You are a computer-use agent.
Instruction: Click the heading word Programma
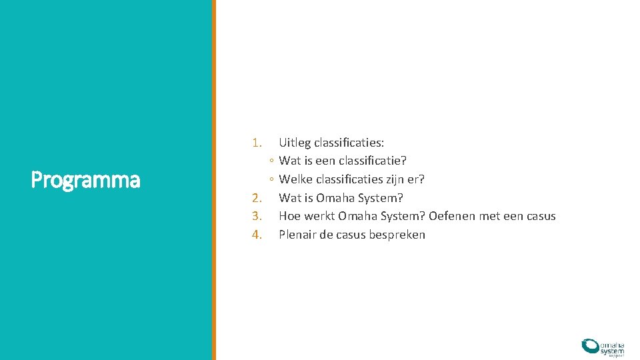click(85, 180)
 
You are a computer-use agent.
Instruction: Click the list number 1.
click(257, 143)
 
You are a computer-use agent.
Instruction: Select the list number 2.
click(257, 198)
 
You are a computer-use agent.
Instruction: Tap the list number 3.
click(257, 216)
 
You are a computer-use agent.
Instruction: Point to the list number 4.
click(257, 235)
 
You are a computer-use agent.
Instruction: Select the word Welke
click(295, 179)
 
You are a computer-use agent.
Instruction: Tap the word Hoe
click(289, 216)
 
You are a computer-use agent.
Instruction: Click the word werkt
click(319, 216)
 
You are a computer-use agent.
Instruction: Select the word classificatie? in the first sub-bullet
click(373, 161)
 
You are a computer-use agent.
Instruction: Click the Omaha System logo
click(603, 347)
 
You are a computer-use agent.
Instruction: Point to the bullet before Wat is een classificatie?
click(271, 161)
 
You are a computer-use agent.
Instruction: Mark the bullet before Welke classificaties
click(271, 180)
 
